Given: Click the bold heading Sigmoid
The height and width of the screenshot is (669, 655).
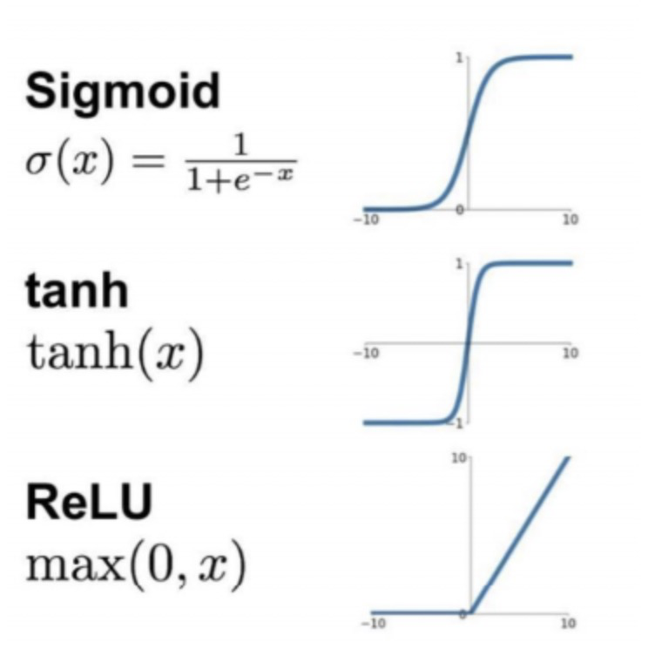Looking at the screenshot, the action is click(x=123, y=91).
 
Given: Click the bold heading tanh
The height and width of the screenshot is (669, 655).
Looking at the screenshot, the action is click(x=77, y=290).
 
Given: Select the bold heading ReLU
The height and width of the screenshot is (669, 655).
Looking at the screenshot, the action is click(x=90, y=503).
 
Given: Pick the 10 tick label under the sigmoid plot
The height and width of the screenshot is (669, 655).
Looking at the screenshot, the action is click(x=570, y=221).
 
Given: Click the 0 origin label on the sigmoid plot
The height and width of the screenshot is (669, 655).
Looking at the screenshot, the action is click(x=462, y=210).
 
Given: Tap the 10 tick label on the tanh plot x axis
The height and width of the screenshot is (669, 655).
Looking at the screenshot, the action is click(x=570, y=354).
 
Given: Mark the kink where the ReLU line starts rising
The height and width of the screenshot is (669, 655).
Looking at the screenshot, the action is click(x=471, y=612).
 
